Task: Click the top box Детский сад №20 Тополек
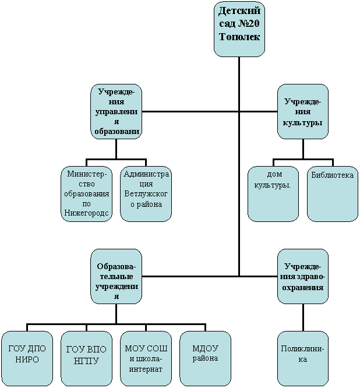(x=239, y=29)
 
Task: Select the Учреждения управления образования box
(x=117, y=111)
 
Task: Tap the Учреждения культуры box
(x=303, y=111)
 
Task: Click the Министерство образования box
(x=87, y=194)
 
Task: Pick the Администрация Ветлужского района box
(x=146, y=194)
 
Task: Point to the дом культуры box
(x=273, y=194)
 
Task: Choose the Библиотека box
(x=333, y=194)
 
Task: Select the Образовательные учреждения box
(x=117, y=276)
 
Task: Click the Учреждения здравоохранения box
(x=303, y=276)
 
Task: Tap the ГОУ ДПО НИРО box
(x=27, y=359)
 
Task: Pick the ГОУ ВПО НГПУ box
(x=87, y=359)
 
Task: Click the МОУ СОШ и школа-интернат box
(x=146, y=359)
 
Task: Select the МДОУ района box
(x=206, y=359)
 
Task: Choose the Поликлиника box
(x=303, y=359)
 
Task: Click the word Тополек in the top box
(x=239, y=37)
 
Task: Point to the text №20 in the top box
(x=249, y=24)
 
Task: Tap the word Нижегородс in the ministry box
(x=86, y=213)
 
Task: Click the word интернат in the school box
(x=146, y=369)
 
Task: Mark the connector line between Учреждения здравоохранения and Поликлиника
(x=303, y=318)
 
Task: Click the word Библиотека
(x=332, y=175)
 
